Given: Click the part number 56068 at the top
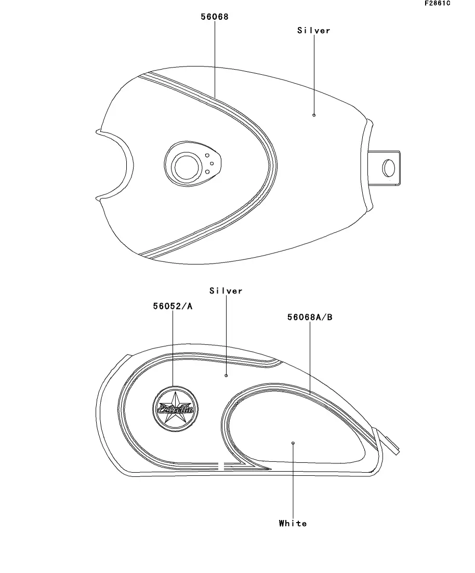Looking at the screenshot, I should pos(215,17).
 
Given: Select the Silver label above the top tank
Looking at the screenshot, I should pos(314,31).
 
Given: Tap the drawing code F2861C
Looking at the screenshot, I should pos(437,4).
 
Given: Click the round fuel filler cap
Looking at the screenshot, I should pos(186,167).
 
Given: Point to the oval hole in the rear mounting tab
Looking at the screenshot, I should pos(388,168).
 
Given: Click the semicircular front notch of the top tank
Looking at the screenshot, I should pos(117,164).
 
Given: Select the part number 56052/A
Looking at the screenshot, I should pos(173,307).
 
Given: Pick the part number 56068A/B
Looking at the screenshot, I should pos(310,317).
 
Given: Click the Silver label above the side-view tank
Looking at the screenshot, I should pos(226,291).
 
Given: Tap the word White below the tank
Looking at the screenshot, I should pos(293,523).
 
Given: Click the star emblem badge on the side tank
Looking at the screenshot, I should pos(175,409).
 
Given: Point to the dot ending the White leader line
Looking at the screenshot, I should pos(293,443).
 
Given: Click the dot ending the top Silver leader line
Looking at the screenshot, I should pos(314,115).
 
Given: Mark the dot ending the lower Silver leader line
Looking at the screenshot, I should pos(226,375).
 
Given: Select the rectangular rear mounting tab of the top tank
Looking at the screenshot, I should pos(386,167).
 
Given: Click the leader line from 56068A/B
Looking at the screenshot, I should pos(310,358).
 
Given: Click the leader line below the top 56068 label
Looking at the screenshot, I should pos(215,57).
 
